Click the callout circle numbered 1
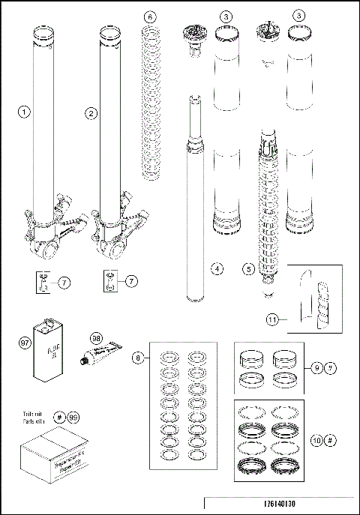(x=24, y=114)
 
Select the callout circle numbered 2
(x=91, y=114)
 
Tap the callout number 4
(x=216, y=268)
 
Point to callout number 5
(x=249, y=268)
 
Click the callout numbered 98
(x=95, y=340)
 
